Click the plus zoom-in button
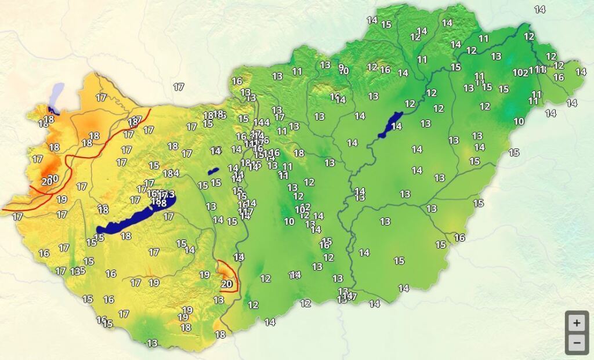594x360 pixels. (x=576, y=323)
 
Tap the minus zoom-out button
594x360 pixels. (x=576, y=343)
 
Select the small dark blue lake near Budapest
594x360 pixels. (x=213, y=171)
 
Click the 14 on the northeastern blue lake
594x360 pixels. (x=397, y=126)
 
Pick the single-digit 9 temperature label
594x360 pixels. (x=341, y=67)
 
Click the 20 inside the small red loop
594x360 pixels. (x=227, y=284)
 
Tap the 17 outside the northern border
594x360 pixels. (x=179, y=87)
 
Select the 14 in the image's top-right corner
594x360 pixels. (x=540, y=9)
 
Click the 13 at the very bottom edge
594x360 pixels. (x=152, y=343)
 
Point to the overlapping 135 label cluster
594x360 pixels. (x=78, y=271)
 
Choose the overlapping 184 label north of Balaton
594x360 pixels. (x=171, y=173)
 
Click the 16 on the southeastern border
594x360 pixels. (x=459, y=238)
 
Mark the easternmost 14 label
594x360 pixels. (x=581, y=72)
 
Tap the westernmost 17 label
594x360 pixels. (x=17, y=217)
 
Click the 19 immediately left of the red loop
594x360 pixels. (x=205, y=275)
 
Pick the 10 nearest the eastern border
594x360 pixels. (x=519, y=121)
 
